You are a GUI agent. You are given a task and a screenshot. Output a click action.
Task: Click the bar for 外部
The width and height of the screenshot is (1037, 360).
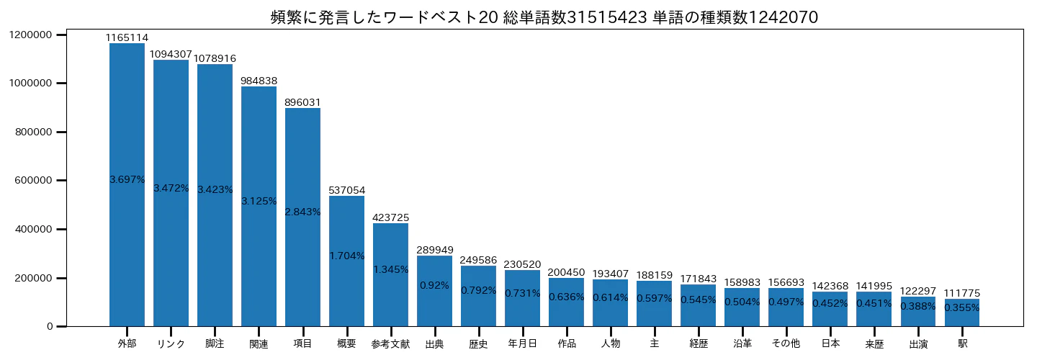click(127, 184)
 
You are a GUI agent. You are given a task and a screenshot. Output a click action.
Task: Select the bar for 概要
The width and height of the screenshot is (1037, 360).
click(347, 261)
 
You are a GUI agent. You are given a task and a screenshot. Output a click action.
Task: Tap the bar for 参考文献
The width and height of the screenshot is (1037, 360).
click(391, 275)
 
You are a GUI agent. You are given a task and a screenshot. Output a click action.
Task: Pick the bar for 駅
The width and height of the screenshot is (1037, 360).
click(962, 312)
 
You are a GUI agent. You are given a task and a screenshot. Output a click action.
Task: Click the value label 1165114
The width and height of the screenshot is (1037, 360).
click(127, 37)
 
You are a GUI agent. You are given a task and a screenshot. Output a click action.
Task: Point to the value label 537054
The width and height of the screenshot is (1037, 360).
click(347, 190)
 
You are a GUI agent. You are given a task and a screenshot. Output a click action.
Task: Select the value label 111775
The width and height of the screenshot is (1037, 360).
click(962, 293)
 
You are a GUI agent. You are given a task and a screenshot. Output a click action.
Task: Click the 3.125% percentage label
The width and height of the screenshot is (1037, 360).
click(259, 202)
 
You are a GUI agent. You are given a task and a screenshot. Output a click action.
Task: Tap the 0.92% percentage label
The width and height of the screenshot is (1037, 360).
click(434, 286)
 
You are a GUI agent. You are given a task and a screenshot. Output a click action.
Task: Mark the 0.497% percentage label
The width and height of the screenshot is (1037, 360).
click(786, 302)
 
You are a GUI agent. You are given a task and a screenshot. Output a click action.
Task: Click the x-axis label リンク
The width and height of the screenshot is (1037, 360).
click(171, 344)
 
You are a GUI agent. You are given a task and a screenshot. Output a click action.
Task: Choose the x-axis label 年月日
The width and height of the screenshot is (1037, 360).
click(522, 343)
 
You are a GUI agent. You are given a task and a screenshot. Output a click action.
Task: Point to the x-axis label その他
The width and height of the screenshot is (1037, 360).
click(786, 343)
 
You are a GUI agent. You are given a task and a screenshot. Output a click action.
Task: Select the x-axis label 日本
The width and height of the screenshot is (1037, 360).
click(830, 343)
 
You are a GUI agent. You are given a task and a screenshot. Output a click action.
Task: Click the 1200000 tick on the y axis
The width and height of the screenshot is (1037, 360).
click(30, 35)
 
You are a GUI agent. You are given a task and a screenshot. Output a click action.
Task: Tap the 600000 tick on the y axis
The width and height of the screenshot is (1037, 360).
click(33, 181)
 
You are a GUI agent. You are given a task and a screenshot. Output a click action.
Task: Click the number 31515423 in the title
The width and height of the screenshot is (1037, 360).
click(607, 17)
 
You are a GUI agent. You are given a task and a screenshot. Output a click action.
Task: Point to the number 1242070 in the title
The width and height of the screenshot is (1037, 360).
click(783, 17)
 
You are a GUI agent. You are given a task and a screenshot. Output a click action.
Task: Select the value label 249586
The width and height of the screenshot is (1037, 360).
click(478, 260)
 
